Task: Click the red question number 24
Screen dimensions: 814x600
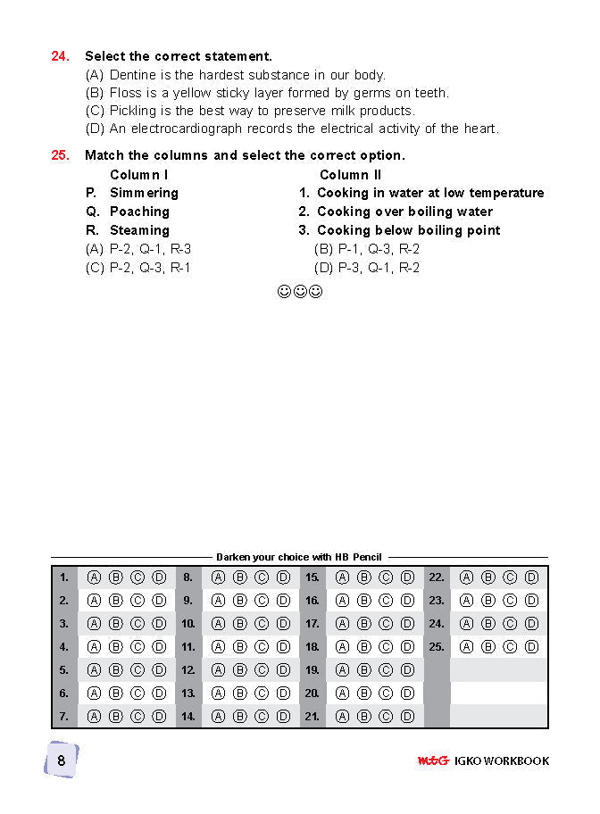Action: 60,56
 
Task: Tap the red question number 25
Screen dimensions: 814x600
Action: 60,155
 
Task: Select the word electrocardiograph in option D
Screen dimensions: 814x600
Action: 198,129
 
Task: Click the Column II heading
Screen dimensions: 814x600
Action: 350,175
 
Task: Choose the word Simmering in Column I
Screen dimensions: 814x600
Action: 144,193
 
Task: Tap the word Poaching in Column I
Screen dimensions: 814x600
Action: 139,212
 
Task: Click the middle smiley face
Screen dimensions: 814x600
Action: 300,292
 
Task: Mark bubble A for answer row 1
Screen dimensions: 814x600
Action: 94,577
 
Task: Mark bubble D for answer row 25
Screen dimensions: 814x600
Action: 531,646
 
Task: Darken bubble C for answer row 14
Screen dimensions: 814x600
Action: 262,716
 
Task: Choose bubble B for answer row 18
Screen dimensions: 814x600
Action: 363,646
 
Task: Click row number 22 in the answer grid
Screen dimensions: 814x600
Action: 437,577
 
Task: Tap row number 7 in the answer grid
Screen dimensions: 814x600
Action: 63,716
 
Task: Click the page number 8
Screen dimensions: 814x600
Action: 62,760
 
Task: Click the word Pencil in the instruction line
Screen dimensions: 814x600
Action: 367,557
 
